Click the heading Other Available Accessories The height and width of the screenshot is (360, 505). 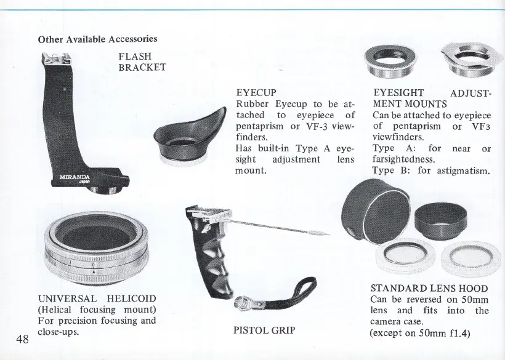pos(97,39)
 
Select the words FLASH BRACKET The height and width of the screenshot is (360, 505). pos(142,62)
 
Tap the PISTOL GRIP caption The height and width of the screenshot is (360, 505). pos(265,330)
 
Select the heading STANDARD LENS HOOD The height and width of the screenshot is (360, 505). pos(429,288)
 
